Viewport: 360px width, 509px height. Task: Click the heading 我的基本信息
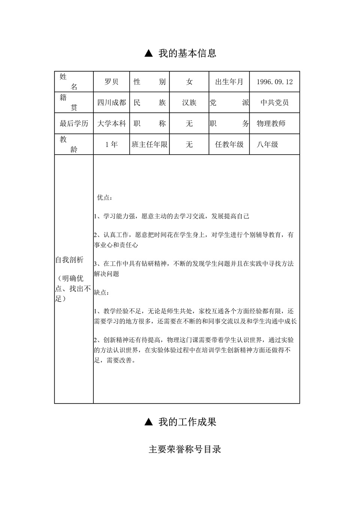click(x=187, y=53)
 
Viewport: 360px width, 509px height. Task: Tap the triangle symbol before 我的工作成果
click(x=148, y=422)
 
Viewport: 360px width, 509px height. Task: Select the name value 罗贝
click(x=111, y=82)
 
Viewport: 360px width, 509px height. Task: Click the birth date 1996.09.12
click(x=274, y=82)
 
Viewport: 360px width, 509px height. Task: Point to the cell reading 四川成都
click(x=111, y=102)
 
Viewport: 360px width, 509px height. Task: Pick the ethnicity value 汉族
click(x=189, y=102)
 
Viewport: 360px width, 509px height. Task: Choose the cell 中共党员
click(x=274, y=102)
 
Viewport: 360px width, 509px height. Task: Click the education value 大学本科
click(x=111, y=123)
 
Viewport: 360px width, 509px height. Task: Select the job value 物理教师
click(x=271, y=123)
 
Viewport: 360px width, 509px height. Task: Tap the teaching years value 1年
click(x=111, y=144)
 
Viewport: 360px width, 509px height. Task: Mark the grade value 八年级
click(x=267, y=144)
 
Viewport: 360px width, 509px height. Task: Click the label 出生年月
click(x=229, y=82)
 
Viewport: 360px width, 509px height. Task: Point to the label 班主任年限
click(x=150, y=144)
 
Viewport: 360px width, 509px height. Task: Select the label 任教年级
click(x=229, y=144)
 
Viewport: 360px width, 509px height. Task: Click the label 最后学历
click(x=74, y=123)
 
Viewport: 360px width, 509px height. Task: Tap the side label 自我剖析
click(x=69, y=260)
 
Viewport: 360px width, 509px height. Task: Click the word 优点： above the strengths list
click(x=105, y=197)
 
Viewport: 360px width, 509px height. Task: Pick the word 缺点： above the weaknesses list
click(x=101, y=292)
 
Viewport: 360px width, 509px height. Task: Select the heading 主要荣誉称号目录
click(x=185, y=449)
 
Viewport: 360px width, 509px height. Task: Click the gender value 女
click(x=189, y=82)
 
